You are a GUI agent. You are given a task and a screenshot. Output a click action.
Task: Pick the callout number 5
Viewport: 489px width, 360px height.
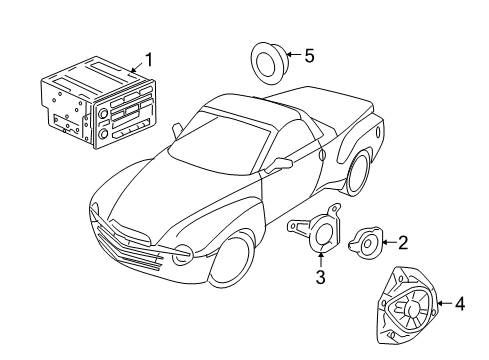(x=309, y=56)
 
